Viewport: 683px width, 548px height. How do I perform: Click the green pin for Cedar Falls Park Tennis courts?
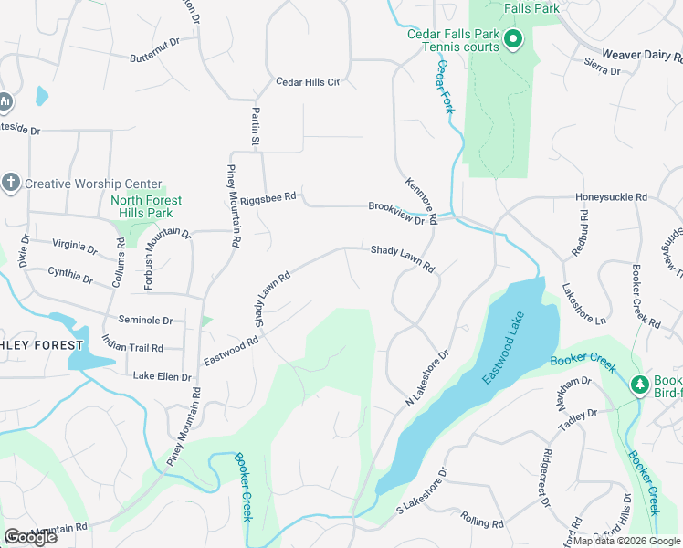tap(512, 38)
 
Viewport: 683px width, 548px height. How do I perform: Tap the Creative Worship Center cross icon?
tap(11, 182)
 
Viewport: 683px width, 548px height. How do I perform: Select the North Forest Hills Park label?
tap(146, 206)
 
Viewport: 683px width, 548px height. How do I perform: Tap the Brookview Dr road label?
tap(396, 213)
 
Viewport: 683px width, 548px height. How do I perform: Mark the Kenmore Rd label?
tap(421, 200)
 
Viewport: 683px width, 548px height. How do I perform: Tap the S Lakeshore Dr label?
tap(420, 496)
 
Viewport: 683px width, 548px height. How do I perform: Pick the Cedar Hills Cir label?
tap(308, 82)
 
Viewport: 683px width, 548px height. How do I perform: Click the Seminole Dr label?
tap(145, 321)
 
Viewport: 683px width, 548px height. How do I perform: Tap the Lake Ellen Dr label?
tap(162, 376)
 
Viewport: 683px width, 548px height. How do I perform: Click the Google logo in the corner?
tap(31, 537)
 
